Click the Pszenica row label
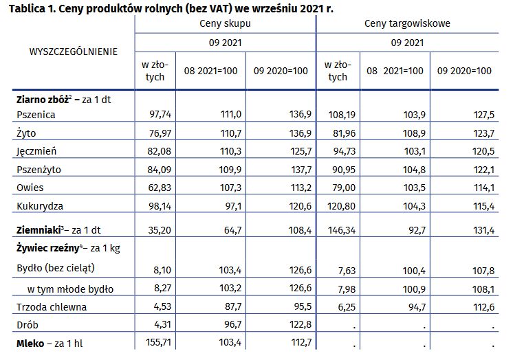tap(35, 115)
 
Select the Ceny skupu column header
tap(224, 23)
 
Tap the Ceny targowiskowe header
tap(407, 23)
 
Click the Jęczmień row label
tap(36, 151)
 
